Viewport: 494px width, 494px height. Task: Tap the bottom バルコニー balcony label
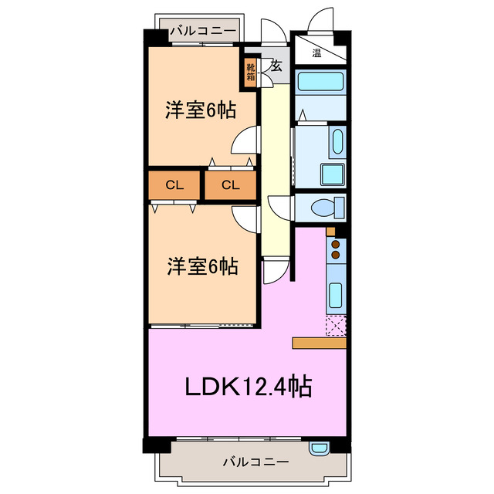(255, 462)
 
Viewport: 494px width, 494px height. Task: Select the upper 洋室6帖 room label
(200, 110)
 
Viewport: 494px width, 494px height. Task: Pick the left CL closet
(174, 184)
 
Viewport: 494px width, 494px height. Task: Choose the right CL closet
(230, 184)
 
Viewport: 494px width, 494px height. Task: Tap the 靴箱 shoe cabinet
(251, 73)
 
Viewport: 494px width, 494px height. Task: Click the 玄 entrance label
(275, 66)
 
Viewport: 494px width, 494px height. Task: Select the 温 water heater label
(316, 53)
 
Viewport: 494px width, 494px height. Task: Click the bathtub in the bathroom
(321, 81)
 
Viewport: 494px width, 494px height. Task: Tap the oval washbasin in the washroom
(337, 140)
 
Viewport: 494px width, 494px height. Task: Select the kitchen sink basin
(336, 295)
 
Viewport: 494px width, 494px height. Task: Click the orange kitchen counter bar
(320, 343)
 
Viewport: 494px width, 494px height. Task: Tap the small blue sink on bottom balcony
(320, 447)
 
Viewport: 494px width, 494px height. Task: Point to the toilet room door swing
(276, 209)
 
